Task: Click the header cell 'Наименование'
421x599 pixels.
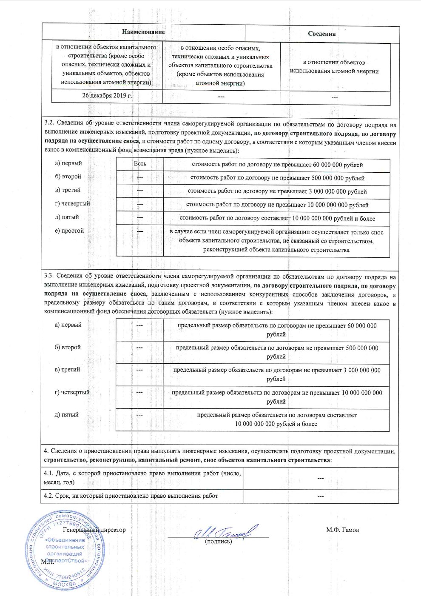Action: pyautogui.click(x=143, y=32)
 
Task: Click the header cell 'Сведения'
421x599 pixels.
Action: pyautogui.click(x=321, y=34)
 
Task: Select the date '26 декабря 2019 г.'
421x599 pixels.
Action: pyautogui.click(x=107, y=95)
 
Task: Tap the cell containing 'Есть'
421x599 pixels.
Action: pyautogui.click(x=140, y=164)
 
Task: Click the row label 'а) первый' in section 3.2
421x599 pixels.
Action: pyautogui.click(x=68, y=163)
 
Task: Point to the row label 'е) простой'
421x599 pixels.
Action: pyautogui.click(x=69, y=231)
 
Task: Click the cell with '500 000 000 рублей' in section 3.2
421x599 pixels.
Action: pyautogui.click(x=277, y=178)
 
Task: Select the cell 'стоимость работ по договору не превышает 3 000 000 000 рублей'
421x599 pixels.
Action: pyautogui.click(x=277, y=191)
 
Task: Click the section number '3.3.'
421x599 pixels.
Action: pyautogui.click(x=49, y=276)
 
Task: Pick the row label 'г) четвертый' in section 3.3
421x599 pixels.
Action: pyautogui.click(x=72, y=392)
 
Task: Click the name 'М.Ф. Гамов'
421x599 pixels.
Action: pyautogui.click(x=342, y=530)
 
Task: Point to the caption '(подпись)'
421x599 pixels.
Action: pyautogui.click(x=218, y=542)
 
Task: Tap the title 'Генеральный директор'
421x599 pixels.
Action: pyautogui.click(x=94, y=530)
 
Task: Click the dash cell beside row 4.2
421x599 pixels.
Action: pyautogui.click(x=321, y=496)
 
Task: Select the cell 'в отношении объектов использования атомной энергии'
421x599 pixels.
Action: pyautogui.click(x=334, y=67)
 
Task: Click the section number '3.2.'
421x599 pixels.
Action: pyautogui.click(x=49, y=124)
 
